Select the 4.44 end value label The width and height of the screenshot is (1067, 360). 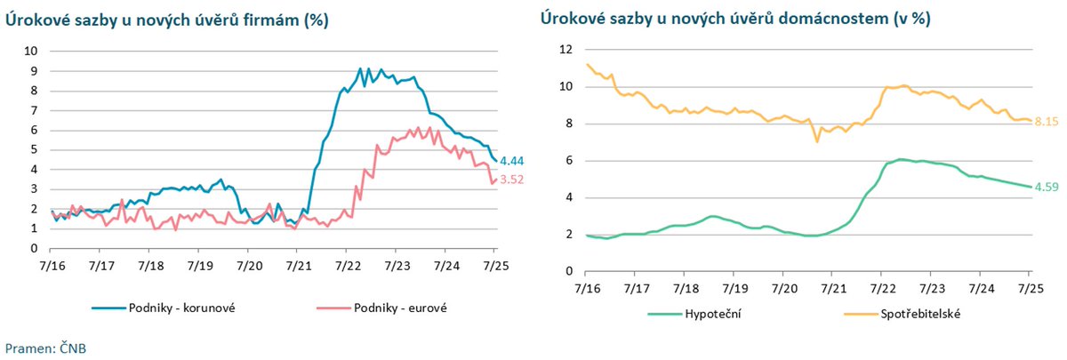(x=513, y=161)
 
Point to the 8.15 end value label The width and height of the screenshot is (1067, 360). (x=1047, y=121)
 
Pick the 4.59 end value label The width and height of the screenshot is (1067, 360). (x=1047, y=187)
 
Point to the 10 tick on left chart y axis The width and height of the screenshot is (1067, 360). (x=30, y=51)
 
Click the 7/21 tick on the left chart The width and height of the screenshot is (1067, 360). (x=298, y=265)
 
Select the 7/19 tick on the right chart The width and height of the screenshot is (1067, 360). (x=734, y=288)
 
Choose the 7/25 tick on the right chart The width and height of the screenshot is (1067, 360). (x=1030, y=288)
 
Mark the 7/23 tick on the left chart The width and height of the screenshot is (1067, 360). (x=397, y=265)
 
